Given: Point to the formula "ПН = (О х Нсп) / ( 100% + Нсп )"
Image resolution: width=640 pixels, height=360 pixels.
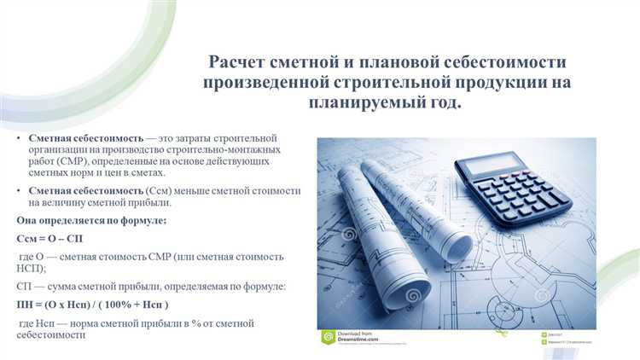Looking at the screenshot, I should pos(93,305).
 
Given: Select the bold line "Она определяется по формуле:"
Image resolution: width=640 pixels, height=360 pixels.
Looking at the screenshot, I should pos(91,221).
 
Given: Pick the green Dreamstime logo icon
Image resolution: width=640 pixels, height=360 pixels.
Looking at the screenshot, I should pos(327,337).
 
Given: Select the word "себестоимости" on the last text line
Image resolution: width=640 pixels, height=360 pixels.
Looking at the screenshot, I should pos(55,336).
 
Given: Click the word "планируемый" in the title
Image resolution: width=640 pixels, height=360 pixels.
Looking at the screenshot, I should pos(364,104).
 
